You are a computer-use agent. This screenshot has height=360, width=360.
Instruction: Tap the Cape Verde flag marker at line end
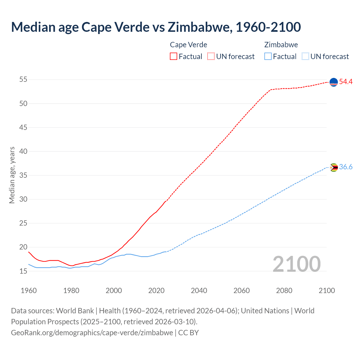point(334,82)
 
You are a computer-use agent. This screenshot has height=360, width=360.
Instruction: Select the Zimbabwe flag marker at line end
point(334,167)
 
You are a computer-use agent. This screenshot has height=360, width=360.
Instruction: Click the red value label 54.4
point(346,82)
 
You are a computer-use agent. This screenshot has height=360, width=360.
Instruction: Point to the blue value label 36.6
point(346,167)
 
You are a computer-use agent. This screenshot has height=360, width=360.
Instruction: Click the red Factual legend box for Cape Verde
point(174,56)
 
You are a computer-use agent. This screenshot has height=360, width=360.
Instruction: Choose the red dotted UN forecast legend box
point(211,56)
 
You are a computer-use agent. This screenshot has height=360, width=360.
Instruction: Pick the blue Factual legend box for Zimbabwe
point(268,56)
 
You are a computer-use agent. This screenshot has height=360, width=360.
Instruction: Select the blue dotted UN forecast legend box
point(305,56)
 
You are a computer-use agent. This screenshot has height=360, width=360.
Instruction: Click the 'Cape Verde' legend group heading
point(188,45)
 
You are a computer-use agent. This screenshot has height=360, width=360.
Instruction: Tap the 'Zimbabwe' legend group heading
point(281,45)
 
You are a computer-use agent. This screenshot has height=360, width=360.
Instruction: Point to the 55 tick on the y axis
point(23,80)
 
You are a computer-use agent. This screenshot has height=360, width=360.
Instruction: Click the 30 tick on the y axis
point(23,199)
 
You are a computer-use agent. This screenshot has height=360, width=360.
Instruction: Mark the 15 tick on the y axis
point(23,271)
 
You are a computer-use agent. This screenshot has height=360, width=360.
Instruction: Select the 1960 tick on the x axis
point(29,291)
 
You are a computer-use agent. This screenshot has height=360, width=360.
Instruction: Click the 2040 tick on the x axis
point(199,291)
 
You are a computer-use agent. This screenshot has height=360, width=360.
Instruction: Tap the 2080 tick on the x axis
point(284,291)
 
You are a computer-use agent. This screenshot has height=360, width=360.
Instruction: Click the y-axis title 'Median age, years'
point(12,175)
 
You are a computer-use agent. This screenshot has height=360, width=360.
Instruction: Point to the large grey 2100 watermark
point(296,264)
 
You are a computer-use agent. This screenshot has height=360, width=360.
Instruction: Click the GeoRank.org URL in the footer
point(92,333)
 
